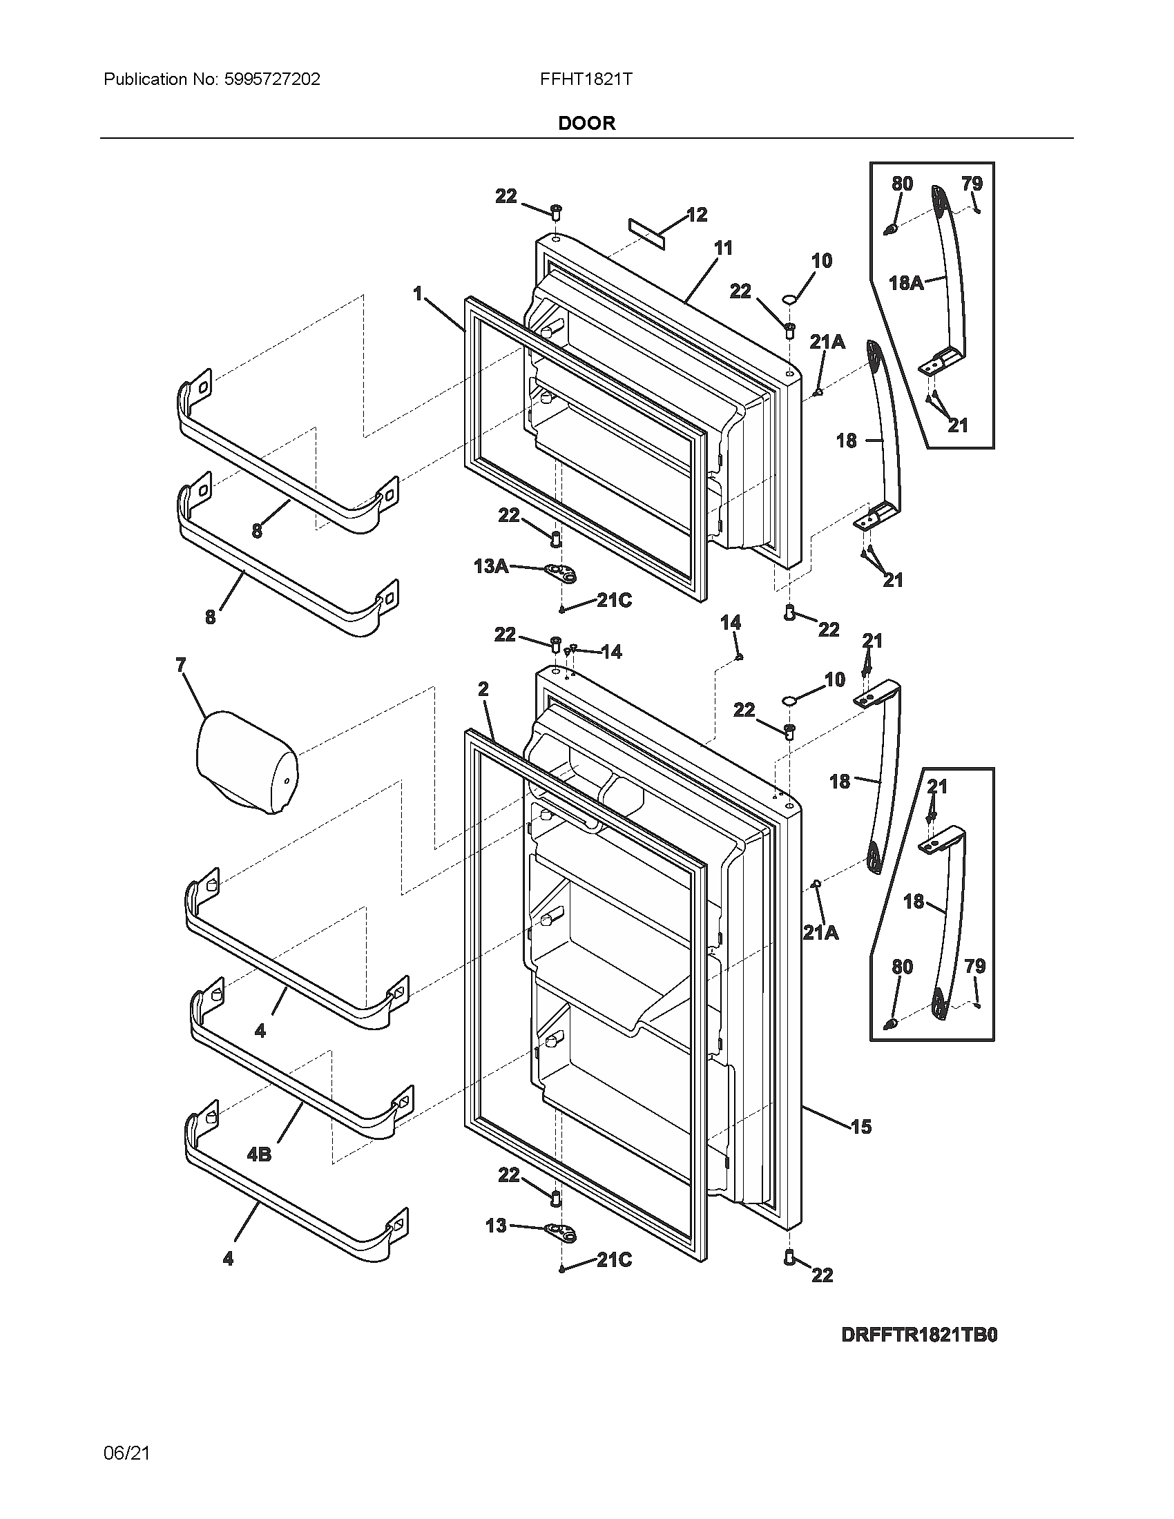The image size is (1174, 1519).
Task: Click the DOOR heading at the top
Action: click(x=586, y=123)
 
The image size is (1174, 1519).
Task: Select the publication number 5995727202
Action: click(x=273, y=79)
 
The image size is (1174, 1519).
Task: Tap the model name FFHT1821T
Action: click(x=586, y=79)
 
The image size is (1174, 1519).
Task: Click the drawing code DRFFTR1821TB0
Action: click(x=918, y=1335)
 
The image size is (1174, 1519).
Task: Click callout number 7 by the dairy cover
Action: click(x=181, y=666)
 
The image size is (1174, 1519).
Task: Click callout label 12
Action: click(x=697, y=215)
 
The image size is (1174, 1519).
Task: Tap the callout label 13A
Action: click(x=490, y=566)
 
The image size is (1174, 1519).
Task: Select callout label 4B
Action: click(x=259, y=1155)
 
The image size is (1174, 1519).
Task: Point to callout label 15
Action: click(x=860, y=1127)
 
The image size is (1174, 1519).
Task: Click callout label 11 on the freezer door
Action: click(x=723, y=249)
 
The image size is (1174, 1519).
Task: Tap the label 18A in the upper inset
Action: click(x=906, y=283)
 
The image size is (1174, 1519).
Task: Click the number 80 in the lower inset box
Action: click(x=902, y=967)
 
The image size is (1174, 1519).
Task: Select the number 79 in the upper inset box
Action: click(x=972, y=184)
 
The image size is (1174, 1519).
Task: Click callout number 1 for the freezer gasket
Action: click(x=418, y=294)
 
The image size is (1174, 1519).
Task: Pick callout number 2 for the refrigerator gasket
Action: click(x=483, y=689)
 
